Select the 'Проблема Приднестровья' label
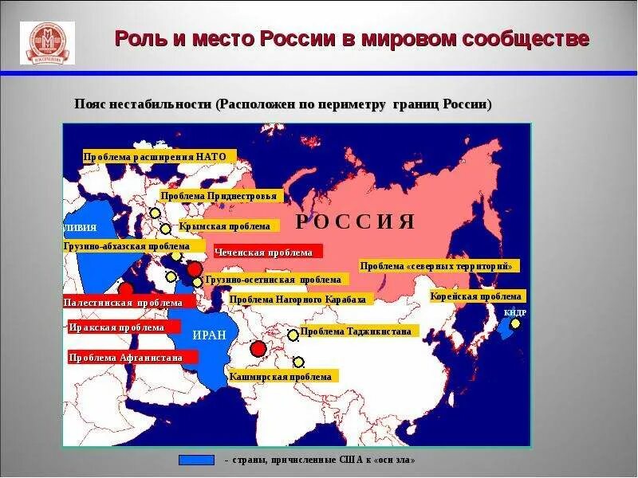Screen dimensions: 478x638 219,196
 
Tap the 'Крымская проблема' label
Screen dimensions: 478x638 229,226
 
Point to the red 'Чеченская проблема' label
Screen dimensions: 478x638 266,252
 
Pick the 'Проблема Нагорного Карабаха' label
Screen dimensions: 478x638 297,300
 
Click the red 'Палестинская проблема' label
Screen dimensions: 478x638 123,303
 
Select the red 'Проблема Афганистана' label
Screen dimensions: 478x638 125,358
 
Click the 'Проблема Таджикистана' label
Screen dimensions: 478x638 356,331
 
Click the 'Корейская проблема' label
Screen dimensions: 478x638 475,296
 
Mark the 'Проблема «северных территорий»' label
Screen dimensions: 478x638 439,266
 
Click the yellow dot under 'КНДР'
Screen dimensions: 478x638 515,323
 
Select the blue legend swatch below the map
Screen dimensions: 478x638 197,460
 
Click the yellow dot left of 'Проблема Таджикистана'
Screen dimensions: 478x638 293,335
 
